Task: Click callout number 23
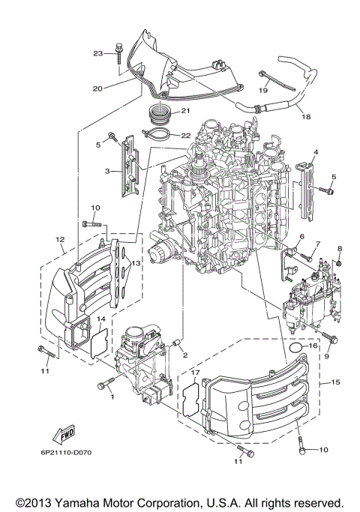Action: [x=97, y=53]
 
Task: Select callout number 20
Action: [x=97, y=88]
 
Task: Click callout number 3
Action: [x=107, y=171]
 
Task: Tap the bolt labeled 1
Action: [x=103, y=385]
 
